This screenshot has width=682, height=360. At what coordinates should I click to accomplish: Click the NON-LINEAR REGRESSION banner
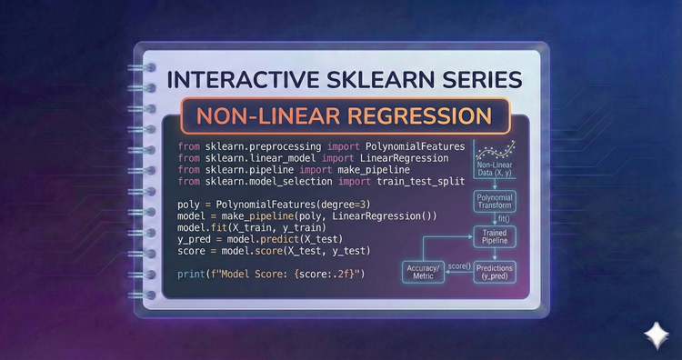pyautogui.click(x=339, y=118)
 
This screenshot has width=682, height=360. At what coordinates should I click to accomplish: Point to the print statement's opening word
pyautogui.click(x=194, y=273)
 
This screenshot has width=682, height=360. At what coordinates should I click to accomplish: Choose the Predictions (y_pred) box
pyautogui.click(x=493, y=272)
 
